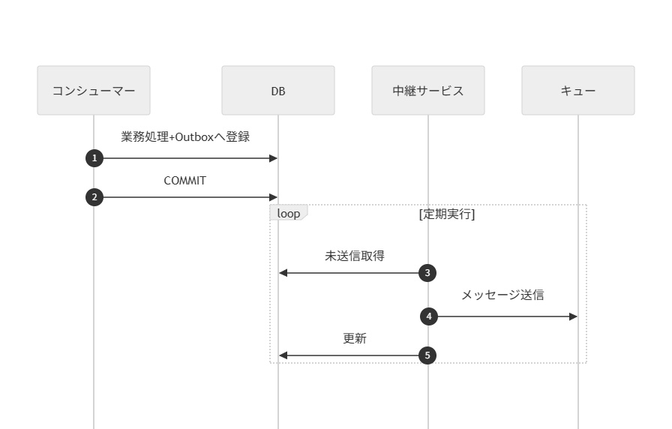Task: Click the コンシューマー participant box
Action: [94, 91]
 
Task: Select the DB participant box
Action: [278, 91]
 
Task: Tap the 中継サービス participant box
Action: [428, 91]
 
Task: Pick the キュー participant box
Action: [578, 91]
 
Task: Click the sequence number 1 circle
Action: [94, 158]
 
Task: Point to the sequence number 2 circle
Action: [94, 197]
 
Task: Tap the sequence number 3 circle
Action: [427, 273]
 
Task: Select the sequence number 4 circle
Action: [428, 316]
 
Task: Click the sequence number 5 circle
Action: [427, 355]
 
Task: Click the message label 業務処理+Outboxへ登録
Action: [185, 137]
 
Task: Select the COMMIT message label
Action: [185, 181]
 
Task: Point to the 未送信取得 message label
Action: [354, 256]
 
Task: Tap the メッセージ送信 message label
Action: [502, 295]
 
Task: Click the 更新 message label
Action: [354, 339]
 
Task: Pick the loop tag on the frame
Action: [288, 214]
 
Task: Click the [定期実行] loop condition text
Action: [447, 214]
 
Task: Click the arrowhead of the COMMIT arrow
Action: [274, 197]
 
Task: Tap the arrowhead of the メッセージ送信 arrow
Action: [574, 316]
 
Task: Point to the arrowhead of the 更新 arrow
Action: [283, 355]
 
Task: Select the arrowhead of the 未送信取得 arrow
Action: [283, 273]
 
